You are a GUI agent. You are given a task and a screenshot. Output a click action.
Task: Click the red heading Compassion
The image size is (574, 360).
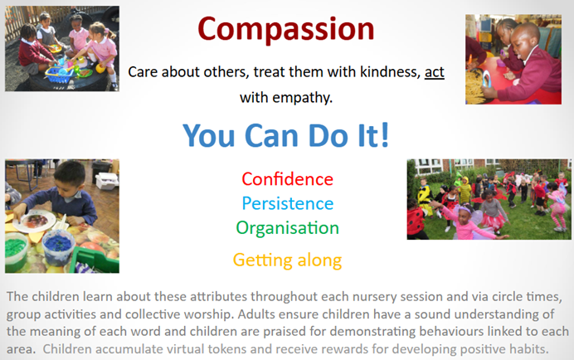(x=286, y=30)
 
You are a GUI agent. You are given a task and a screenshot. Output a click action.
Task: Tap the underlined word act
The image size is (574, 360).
(x=434, y=72)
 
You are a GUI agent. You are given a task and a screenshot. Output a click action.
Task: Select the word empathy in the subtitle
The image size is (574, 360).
(x=302, y=98)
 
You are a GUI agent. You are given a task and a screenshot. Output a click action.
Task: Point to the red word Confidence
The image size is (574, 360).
(x=287, y=179)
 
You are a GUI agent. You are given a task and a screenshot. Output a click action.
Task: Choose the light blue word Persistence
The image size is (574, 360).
(x=288, y=203)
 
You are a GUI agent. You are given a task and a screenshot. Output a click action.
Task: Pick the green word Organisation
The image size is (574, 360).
(x=287, y=228)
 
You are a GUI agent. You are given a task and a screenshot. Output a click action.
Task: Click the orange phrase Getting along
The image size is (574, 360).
(x=287, y=260)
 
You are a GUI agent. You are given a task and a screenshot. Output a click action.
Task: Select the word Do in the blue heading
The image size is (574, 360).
(x=328, y=135)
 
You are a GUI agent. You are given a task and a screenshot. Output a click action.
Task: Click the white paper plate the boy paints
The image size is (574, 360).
(x=34, y=221)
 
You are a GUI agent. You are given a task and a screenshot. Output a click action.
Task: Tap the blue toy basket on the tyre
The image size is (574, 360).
(x=60, y=74)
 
